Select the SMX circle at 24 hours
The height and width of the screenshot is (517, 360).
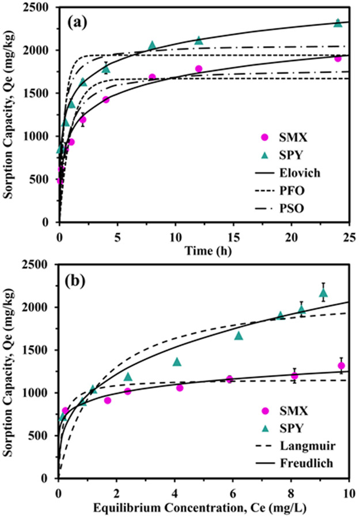pos(338,59)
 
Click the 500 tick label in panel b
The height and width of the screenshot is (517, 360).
pos(44,436)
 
